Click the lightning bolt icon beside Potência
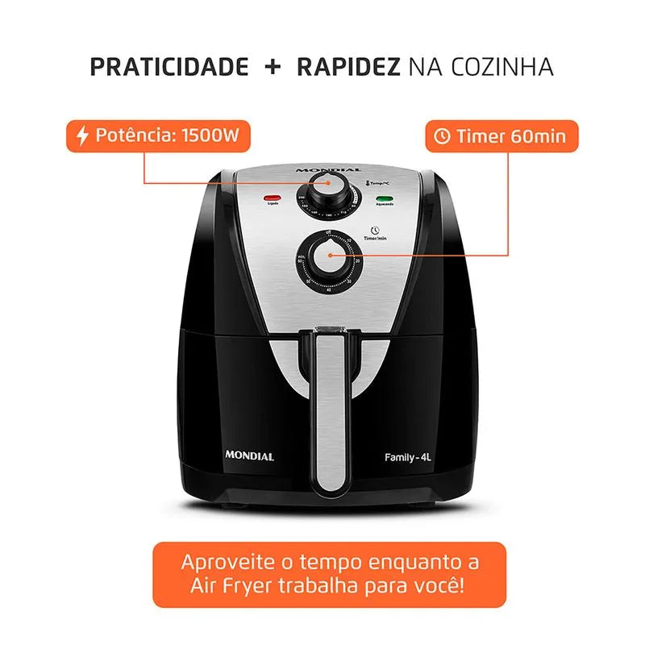pos(82,135)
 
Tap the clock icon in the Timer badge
pos(443,136)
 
